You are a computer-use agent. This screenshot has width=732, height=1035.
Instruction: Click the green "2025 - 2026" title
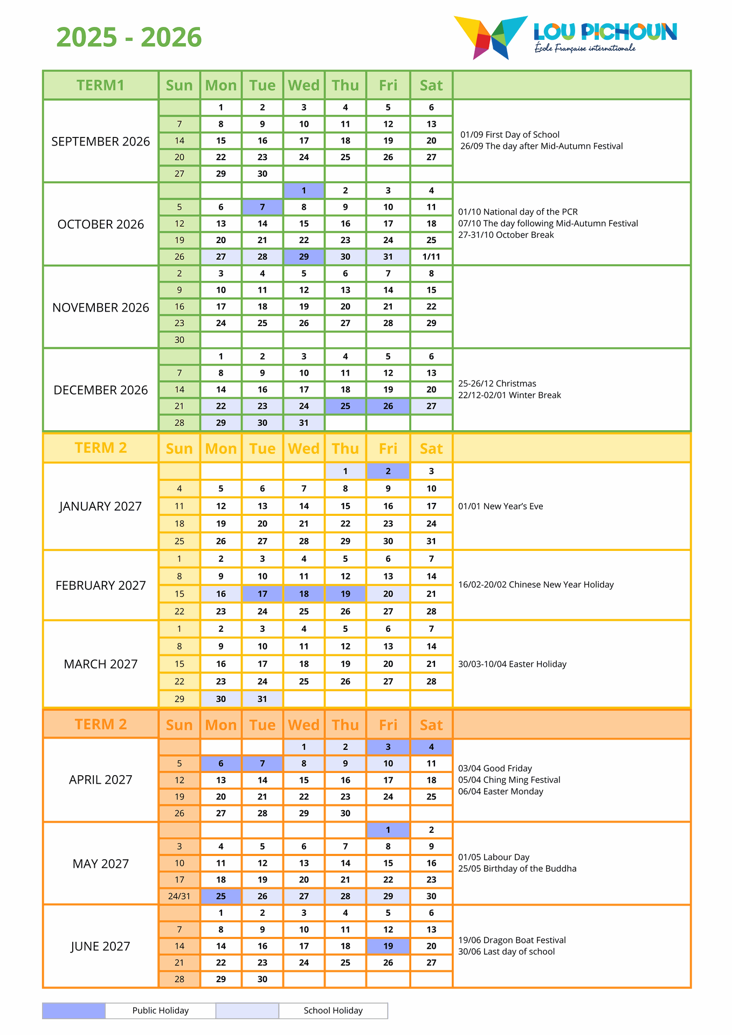pos(129,37)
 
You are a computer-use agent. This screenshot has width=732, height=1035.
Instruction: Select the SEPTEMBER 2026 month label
pos(101,141)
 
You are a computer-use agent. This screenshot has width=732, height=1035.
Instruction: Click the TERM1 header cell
pos(101,85)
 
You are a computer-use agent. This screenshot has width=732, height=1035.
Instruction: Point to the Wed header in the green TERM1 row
pos(304,85)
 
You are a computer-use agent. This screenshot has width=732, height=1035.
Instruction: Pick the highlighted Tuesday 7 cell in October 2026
pos(263,207)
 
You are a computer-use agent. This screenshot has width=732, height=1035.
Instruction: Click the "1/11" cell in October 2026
pos(431,257)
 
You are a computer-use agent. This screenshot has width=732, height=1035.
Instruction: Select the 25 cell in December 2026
pos(346,406)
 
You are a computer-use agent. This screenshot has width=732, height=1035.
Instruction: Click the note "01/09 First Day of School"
pos(510,135)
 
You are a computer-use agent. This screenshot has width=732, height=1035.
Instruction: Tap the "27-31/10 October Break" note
pos(506,235)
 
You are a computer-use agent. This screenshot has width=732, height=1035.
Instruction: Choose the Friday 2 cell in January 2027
pos(388,471)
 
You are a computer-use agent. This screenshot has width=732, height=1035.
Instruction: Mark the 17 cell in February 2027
pos(263,594)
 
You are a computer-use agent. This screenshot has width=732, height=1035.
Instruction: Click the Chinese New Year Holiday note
pos(536,585)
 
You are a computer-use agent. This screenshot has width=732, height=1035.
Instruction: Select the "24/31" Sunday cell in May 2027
pos(179,896)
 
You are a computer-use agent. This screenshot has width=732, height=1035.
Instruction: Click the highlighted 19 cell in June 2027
pos(388,946)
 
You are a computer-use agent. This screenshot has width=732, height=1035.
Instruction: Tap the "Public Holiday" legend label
pos(161,1011)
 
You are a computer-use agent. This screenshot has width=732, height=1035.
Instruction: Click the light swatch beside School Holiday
pos(247,1011)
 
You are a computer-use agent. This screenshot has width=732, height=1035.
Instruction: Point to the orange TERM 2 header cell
pos(101,724)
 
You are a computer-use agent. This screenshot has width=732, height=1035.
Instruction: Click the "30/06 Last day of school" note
pos(506,952)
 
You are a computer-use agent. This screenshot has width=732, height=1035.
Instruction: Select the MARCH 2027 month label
pos(101,664)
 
